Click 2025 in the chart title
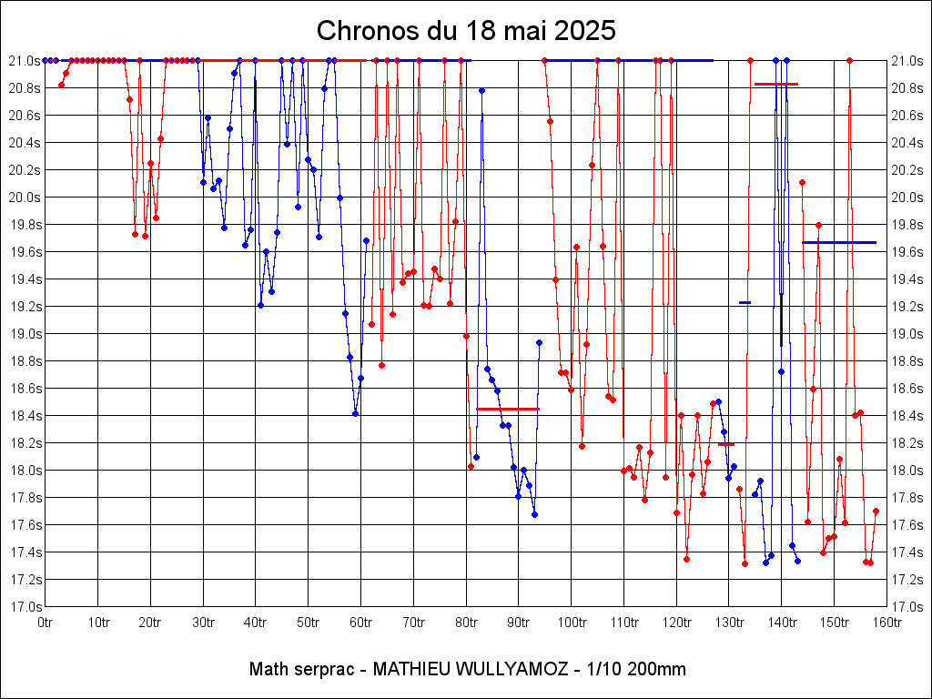(x=584, y=31)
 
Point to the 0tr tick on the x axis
(x=46, y=622)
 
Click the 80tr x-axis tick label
(x=466, y=622)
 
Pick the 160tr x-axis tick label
(x=886, y=622)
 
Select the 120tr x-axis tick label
(x=676, y=622)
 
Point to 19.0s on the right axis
(x=907, y=333)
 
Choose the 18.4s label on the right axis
(x=907, y=415)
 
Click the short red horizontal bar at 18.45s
(x=508, y=409)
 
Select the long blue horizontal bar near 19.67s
(x=839, y=242)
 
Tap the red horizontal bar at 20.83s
(x=776, y=84)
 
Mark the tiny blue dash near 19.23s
(x=745, y=302)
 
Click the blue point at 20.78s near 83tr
(x=481, y=91)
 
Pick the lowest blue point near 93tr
(x=534, y=514)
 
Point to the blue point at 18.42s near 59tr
(x=355, y=413)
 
